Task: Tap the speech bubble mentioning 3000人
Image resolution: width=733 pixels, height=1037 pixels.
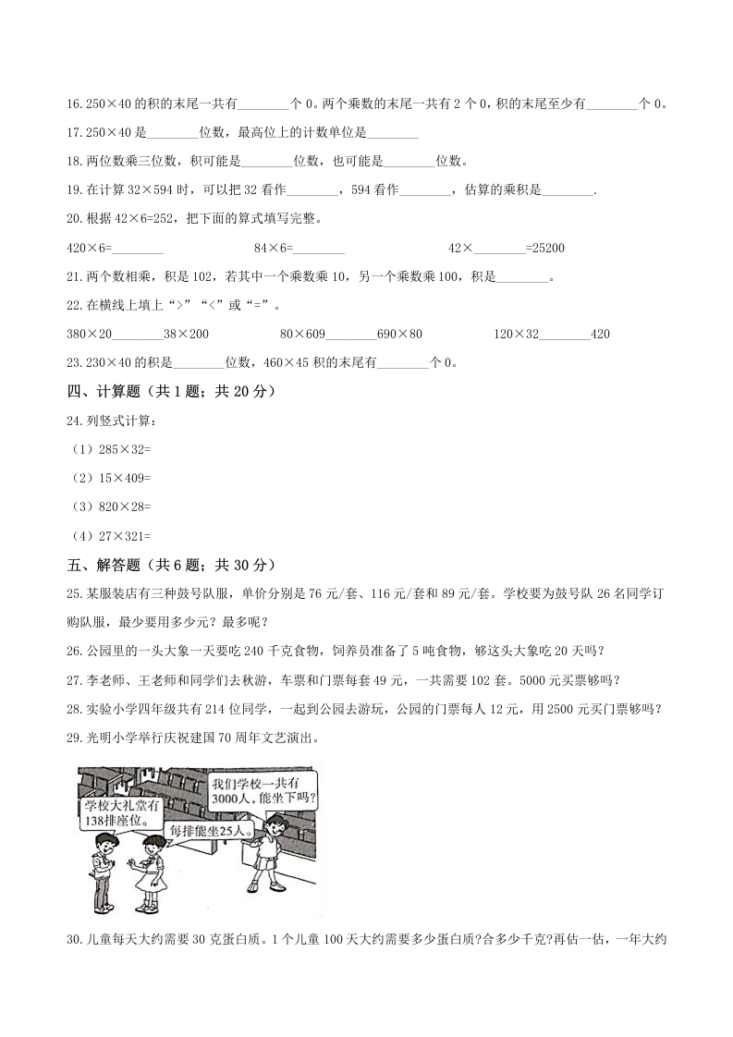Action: click(x=262, y=790)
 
